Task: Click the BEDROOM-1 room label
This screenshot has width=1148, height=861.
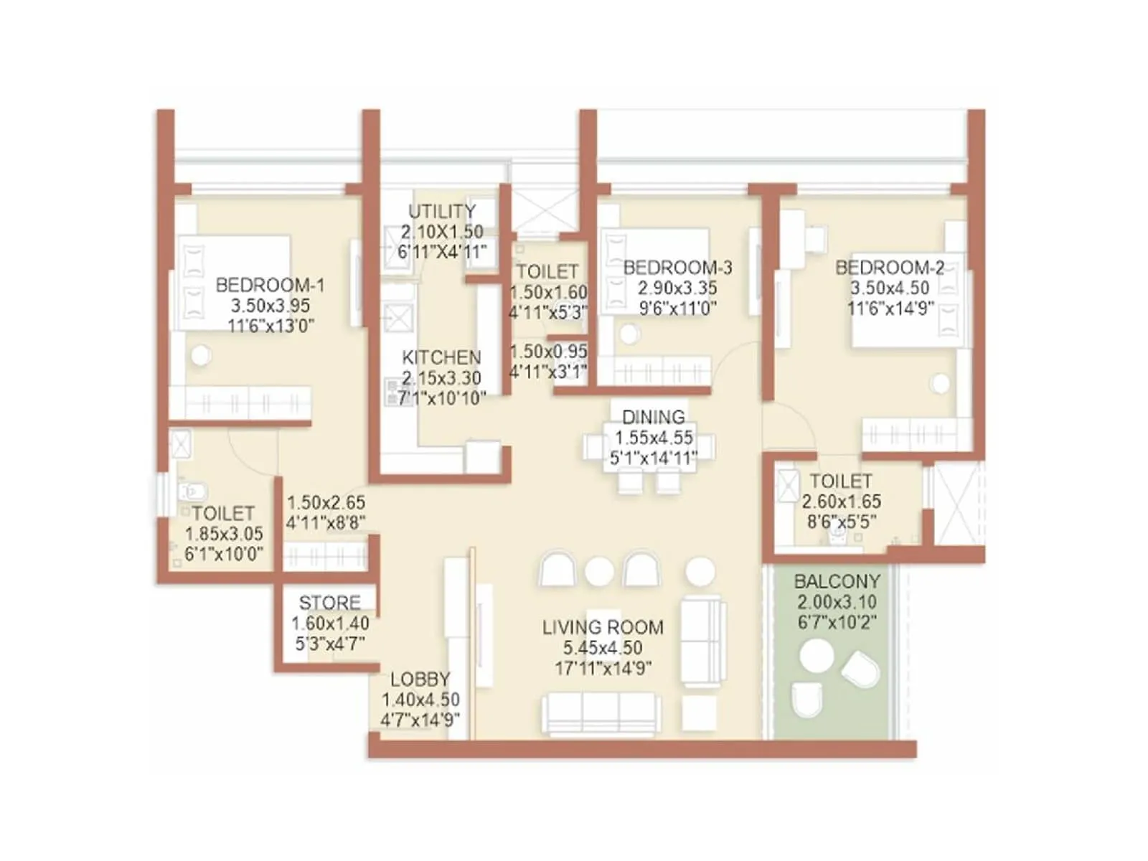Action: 270,285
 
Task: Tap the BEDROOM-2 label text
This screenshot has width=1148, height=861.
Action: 890,268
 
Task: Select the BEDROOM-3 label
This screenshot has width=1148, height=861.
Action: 677,268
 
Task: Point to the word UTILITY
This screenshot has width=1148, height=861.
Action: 442,211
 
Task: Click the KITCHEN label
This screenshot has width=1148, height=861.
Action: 441,357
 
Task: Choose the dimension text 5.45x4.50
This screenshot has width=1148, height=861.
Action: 603,648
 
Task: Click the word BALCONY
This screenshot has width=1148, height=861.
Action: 837,581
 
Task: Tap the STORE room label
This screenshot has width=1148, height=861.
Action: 329,603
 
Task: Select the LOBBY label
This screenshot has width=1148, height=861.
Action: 420,679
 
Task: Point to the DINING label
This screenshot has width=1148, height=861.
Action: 653,417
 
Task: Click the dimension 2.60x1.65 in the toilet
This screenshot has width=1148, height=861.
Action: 841,502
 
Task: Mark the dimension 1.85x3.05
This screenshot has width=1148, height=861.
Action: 224,534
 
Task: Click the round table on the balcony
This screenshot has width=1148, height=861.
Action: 817,655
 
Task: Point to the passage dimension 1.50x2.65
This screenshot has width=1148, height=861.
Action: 326,502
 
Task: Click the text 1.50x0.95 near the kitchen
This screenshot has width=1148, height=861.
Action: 548,352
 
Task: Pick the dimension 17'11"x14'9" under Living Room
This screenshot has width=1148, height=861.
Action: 603,669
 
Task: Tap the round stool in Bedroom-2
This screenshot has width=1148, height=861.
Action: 940,384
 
